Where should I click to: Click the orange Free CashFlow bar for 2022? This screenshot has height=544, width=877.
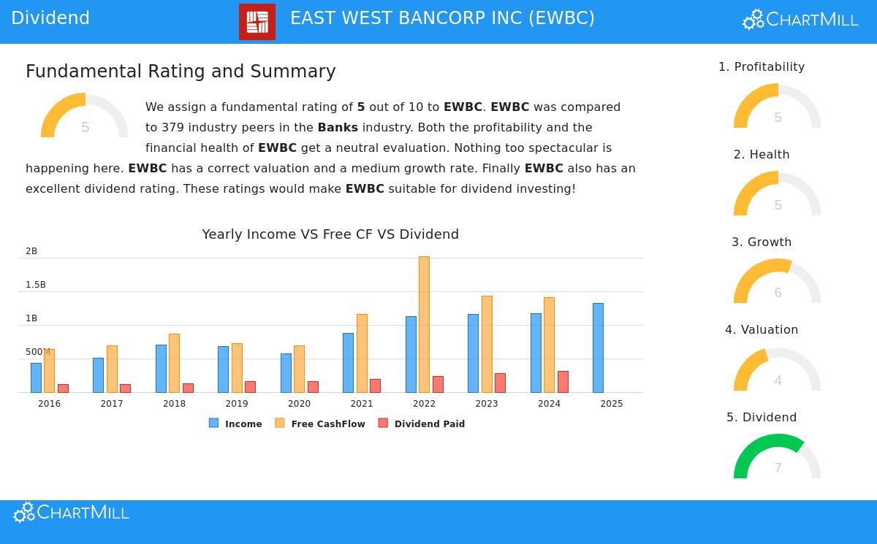[x=424, y=324]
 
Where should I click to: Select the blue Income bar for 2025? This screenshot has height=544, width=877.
[x=598, y=348]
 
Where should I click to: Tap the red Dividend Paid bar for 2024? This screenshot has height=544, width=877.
[x=563, y=382]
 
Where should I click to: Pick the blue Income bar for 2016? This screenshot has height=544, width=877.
[x=36, y=378]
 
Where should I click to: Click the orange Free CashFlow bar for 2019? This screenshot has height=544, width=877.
[x=237, y=368]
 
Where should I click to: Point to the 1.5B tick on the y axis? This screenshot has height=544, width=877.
[x=36, y=285]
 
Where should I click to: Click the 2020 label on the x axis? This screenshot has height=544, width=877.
[x=299, y=404]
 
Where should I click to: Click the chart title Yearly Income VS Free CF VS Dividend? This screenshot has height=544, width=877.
[x=330, y=234]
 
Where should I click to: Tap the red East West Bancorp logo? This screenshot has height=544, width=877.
[x=257, y=22]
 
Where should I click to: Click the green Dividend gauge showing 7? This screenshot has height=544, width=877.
[x=777, y=456]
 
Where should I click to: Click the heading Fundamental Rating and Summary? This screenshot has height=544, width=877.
[x=181, y=72]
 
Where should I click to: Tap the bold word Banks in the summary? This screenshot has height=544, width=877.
[x=338, y=128]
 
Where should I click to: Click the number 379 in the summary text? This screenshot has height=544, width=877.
[x=172, y=128]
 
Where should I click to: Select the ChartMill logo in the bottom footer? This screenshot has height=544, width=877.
[x=71, y=513]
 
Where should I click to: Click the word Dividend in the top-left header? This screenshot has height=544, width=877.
[x=50, y=18]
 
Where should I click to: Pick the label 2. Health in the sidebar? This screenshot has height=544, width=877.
[x=762, y=155]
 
